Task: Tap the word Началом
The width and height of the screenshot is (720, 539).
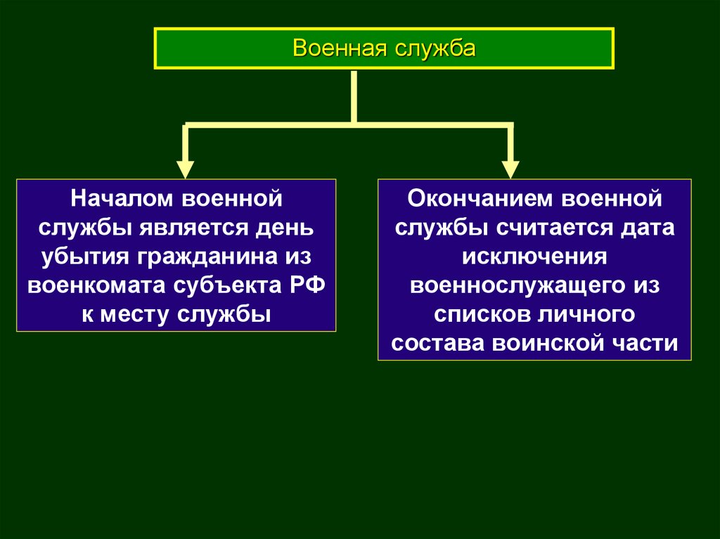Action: [x=120, y=198]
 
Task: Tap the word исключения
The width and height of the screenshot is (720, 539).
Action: [x=534, y=256]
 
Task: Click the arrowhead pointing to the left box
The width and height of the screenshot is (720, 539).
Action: [x=185, y=169]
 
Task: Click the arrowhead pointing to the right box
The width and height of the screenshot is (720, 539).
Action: [x=510, y=169]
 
